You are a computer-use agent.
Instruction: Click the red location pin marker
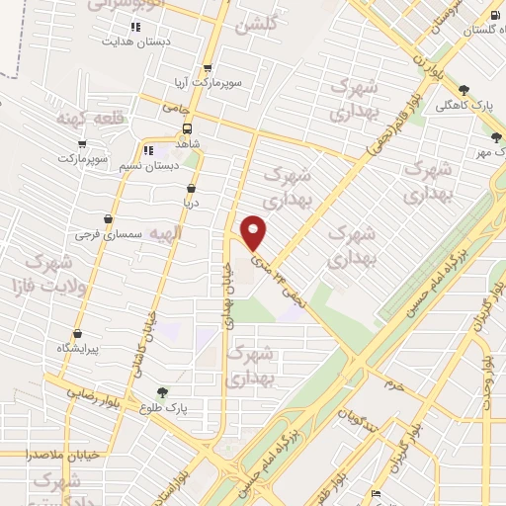[x=254, y=231]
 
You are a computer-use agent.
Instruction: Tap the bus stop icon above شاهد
[x=187, y=129]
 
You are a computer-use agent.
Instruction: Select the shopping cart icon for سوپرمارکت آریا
[x=207, y=68]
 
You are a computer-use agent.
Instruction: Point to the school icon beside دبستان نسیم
[x=147, y=151]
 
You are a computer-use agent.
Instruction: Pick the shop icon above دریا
[x=190, y=186]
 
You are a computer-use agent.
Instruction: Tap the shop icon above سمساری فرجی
[x=108, y=218]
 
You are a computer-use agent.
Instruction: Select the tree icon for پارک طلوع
[x=162, y=392]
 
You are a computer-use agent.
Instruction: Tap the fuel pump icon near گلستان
[x=494, y=16]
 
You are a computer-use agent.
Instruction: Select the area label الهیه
[x=166, y=232]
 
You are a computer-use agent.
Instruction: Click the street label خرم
[x=395, y=383]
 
